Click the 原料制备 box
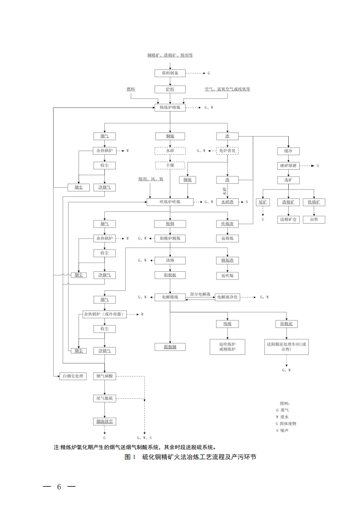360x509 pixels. tap(170, 73)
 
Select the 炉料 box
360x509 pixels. tap(170, 89)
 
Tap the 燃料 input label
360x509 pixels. tap(131, 89)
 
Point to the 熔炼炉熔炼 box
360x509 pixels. tap(170, 108)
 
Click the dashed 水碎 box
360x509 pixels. tap(170, 150)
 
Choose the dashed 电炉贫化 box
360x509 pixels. tap(227, 150)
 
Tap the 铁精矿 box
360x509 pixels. tap(314, 202)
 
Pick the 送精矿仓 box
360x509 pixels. tap(288, 219)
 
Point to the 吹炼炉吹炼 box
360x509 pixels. tap(170, 202)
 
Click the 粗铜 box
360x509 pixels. tap(170, 224)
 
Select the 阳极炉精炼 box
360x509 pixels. tap(170, 238)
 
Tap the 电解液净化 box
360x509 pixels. tap(227, 297)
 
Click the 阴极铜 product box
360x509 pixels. tap(170, 347)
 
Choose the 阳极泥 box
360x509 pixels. tap(287, 324)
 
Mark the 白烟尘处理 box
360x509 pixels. tap(73, 377)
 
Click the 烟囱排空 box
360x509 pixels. tap(105, 421)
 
